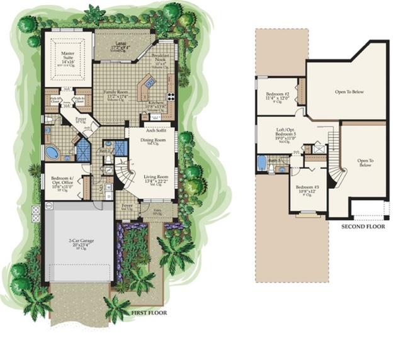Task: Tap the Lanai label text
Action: point(120,46)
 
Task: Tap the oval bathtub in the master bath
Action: point(52,152)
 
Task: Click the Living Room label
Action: point(155,180)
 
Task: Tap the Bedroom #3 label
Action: point(307,189)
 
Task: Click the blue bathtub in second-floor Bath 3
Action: point(263,164)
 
